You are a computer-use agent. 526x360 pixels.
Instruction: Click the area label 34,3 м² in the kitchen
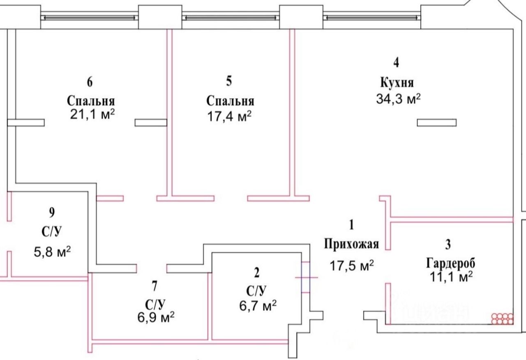(x=399, y=99)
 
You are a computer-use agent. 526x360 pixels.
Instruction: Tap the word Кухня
(x=397, y=82)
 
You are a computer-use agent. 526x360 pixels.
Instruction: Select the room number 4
(x=396, y=62)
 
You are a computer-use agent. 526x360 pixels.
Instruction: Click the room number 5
(x=229, y=81)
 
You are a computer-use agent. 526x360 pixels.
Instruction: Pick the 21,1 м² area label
(x=92, y=114)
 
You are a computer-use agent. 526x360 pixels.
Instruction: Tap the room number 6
(x=90, y=82)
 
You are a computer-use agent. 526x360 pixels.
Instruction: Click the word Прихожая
(x=351, y=244)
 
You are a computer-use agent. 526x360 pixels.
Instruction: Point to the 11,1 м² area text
(x=450, y=277)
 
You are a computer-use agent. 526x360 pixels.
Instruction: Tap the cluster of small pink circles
(x=503, y=318)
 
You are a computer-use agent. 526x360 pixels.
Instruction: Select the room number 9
(x=51, y=212)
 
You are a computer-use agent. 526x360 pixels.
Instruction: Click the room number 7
(x=154, y=284)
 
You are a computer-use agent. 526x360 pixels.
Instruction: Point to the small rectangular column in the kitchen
(x=436, y=122)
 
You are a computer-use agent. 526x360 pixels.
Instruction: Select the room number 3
(x=448, y=245)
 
